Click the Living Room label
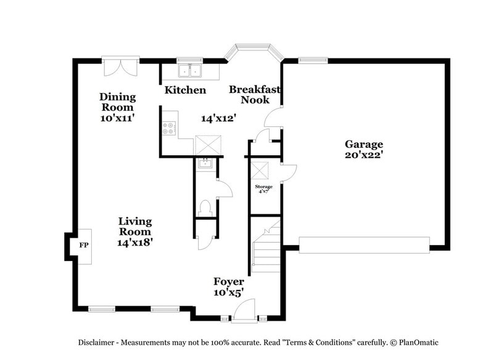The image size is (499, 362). pyautogui.click(x=134, y=227)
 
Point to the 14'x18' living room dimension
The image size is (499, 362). pyautogui.click(x=134, y=243)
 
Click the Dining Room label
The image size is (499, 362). pyautogui.click(x=118, y=102)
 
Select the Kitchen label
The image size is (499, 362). pyautogui.click(x=185, y=90)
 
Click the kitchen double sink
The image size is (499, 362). pyautogui.click(x=190, y=71)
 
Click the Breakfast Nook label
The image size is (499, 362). pyautogui.click(x=255, y=94)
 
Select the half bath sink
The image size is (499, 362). pyautogui.click(x=204, y=164)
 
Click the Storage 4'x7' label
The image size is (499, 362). pyautogui.click(x=264, y=188)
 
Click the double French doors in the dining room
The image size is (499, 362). pyautogui.click(x=117, y=66)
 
